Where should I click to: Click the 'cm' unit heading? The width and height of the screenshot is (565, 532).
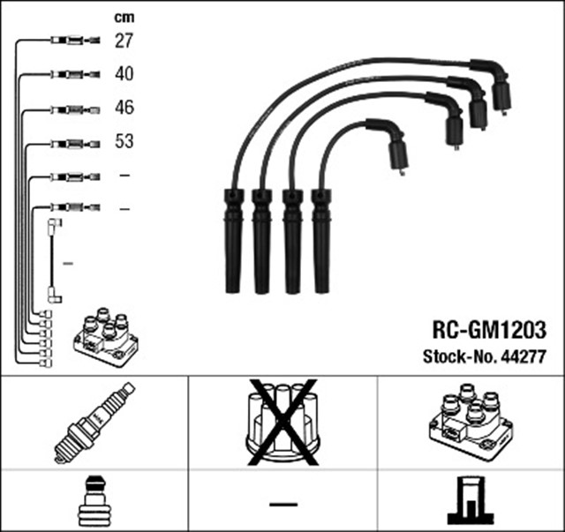point(126,17)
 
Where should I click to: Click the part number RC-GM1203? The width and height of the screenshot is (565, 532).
point(488,328)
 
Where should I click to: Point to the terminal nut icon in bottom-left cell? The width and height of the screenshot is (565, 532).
point(94,501)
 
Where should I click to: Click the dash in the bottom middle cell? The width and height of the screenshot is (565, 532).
point(282,503)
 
